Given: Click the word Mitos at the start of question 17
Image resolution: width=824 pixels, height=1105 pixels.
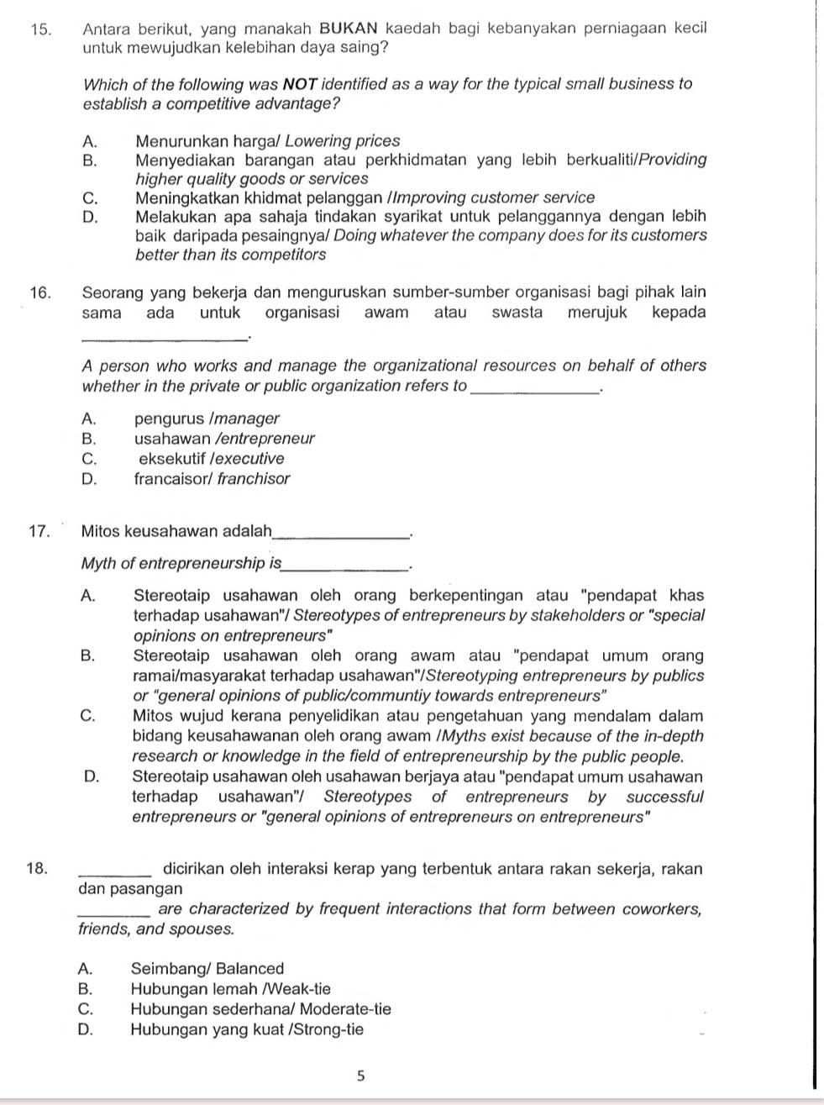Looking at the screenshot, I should coord(101,531).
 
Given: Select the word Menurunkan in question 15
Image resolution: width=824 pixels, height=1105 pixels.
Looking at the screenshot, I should coord(174,142).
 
